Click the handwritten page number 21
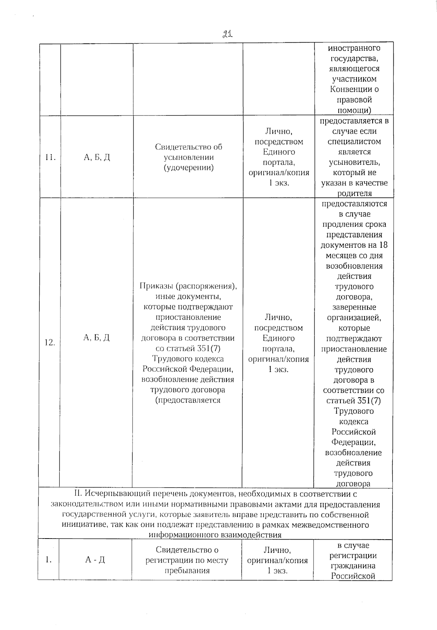coord(228,34)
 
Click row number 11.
coord(50,157)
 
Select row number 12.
coord(50,343)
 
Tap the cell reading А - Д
coord(95,560)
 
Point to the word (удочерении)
coord(188,168)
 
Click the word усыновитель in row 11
coord(354,162)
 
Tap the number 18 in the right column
coord(383,245)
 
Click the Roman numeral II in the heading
coord(77,494)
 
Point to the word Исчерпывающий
coord(112,494)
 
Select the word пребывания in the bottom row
coord(187,571)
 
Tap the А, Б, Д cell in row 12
coord(97,338)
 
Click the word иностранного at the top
coord(354,48)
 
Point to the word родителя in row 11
coord(354,193)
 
